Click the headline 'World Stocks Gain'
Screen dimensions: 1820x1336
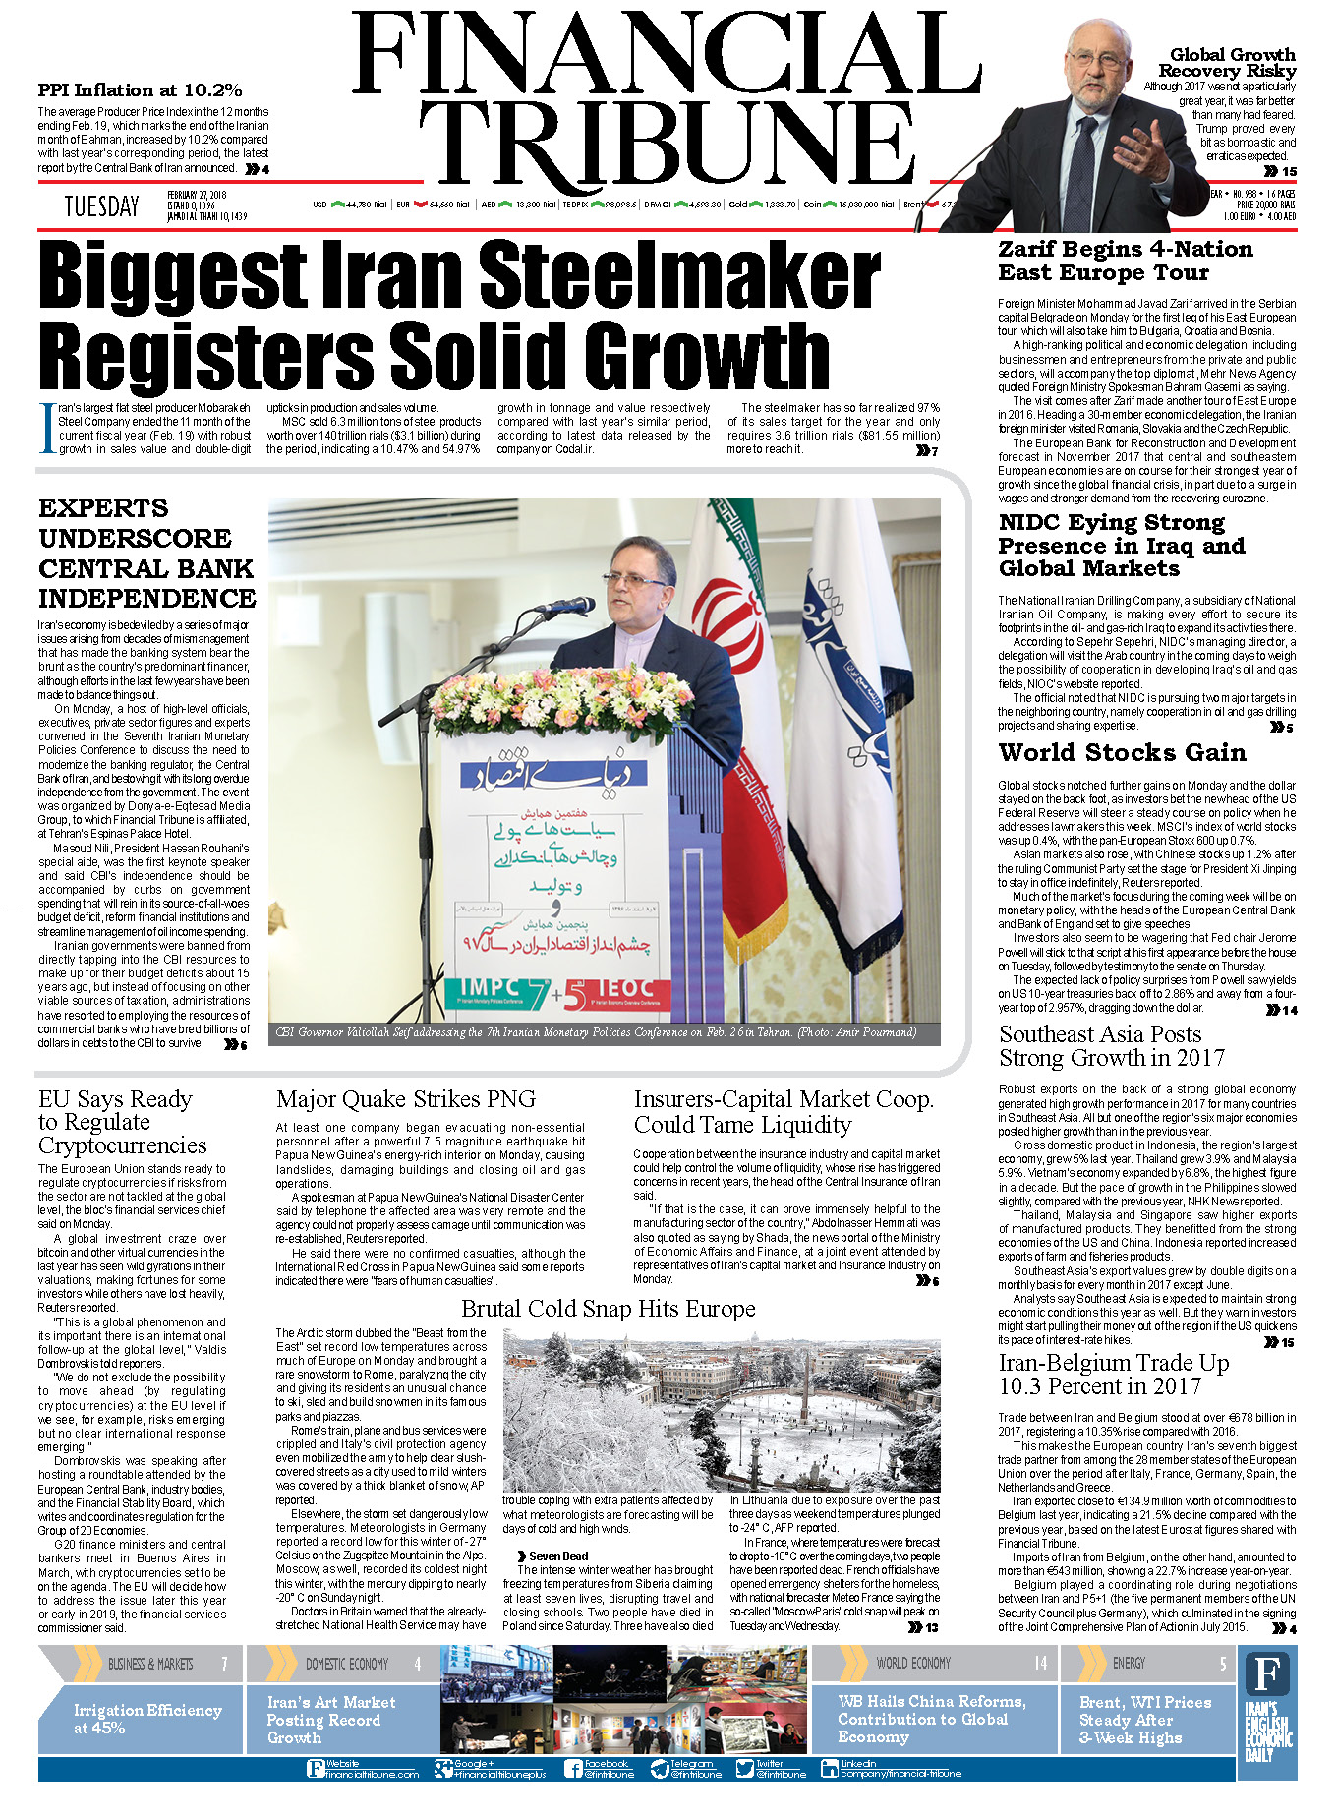[1122, 753]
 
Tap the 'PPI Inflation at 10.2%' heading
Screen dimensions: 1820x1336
[140, 90]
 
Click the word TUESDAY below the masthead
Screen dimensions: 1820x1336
[101, 206]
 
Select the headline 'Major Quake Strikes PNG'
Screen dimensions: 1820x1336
[405, 1099]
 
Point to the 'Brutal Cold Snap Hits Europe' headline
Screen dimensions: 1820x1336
[608, 1309]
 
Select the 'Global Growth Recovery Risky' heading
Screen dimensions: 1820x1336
[1231, 63]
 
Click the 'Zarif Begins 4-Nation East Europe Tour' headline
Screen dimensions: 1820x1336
[1125, 262]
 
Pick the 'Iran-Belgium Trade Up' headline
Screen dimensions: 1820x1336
[1113, 1375]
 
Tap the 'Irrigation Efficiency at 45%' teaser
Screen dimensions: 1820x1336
[147, 1719]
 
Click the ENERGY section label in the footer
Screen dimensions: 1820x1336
[1129, 1663]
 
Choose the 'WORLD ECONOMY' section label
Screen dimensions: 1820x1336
[913, 1663]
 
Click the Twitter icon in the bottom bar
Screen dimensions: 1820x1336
[744, 1770]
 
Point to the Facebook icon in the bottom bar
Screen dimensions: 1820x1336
[573, 1770]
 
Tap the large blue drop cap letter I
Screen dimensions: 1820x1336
[46, 429]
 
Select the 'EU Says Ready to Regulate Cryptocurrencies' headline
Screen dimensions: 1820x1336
[122, 1122]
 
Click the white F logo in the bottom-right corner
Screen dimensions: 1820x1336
[1268, 1673]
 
